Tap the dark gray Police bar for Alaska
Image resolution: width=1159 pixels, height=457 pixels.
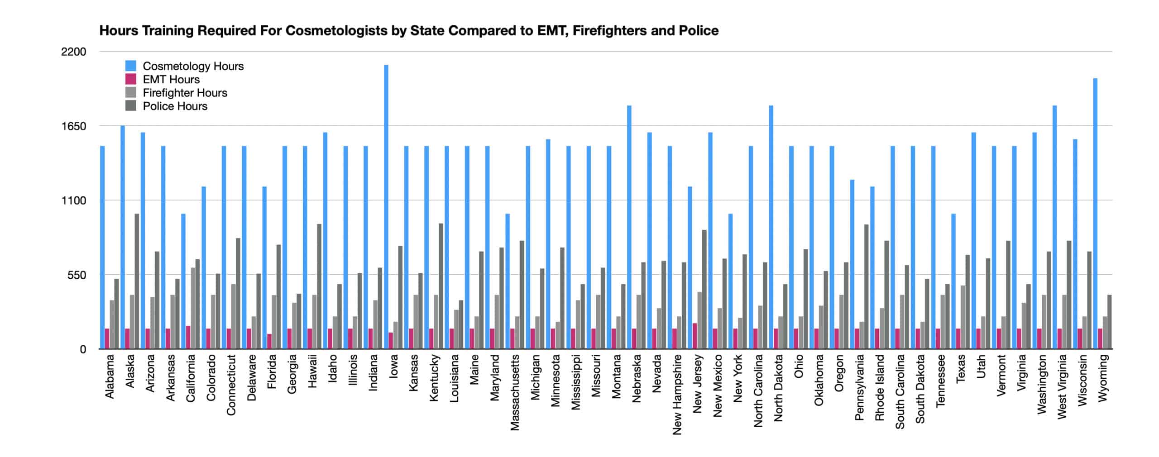coord(137,281)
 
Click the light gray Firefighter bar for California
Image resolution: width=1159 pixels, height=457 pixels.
coord(193,308)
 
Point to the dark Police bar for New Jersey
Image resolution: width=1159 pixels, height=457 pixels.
coord(704,290)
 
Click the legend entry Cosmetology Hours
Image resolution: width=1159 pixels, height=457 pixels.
coord(193,66)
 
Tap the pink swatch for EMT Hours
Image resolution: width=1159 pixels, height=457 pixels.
coord(131,79)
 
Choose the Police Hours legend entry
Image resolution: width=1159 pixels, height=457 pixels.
coord(175,106)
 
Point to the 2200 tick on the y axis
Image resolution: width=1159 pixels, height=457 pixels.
coord(73,52)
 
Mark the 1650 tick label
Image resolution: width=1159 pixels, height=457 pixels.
coord(73,126)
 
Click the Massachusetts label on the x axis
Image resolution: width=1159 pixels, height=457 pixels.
coord(515,392)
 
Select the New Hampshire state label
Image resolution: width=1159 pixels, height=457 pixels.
coord(677,394)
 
